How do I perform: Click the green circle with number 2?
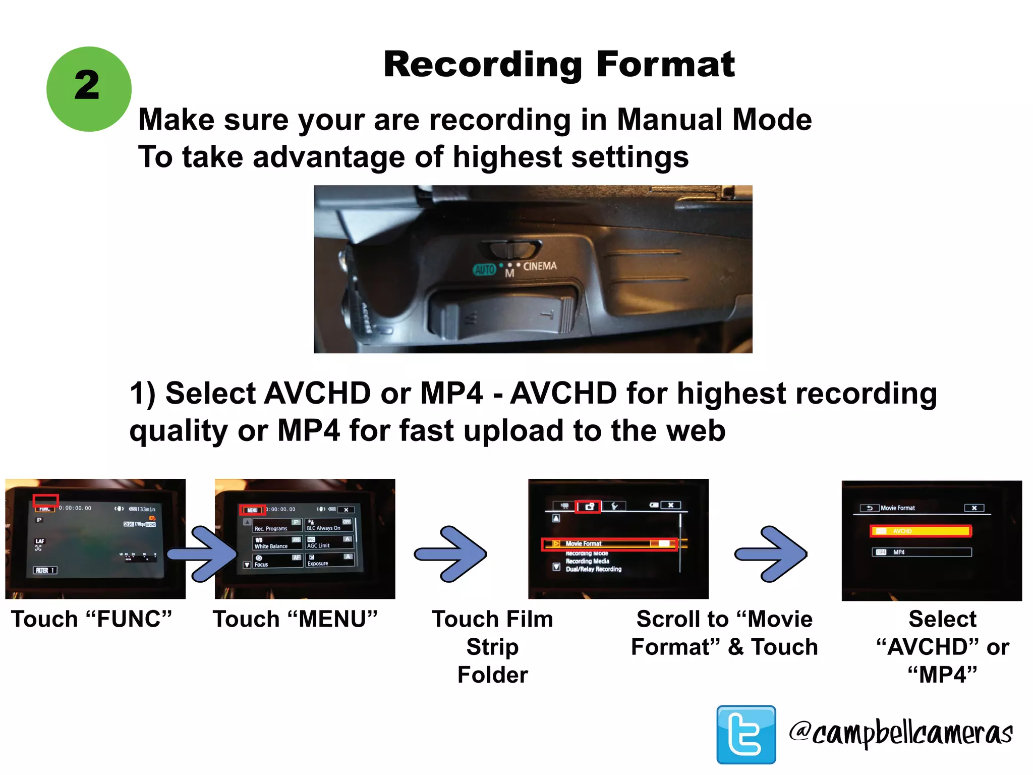click(x=89, y=89)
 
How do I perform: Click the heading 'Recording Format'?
click(x=559, y=65)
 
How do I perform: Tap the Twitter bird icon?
click(x=746, y=734)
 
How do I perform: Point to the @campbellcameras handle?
click(x=901, y=733)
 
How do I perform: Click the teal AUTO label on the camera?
click(x=484, y=269)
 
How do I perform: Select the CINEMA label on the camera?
click(x=540, y=266)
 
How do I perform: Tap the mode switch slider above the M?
click(x=510, y=249)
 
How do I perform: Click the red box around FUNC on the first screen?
click(x=45, y=501)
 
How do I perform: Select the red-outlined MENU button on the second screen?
click(x=252, y=510)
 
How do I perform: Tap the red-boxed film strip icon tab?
click(x=588, y=506)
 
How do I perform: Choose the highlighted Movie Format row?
click(x=609, y=544)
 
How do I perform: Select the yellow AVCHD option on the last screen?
click(x=921, y=531)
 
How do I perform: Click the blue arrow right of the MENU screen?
click(x=450, y=554)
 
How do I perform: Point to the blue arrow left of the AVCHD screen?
click(x=770, y=554)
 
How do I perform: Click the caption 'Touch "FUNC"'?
click(x=91, y=619)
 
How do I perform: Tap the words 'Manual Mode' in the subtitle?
click(x=714, y=120)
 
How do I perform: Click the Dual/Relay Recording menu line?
click(x=593, y=569)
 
